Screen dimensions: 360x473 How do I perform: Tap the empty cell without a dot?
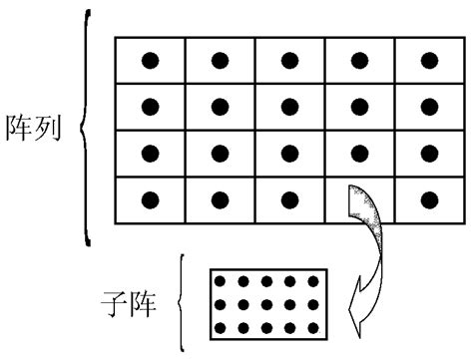click(360, 199)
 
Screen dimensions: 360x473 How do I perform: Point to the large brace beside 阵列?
click(88, 130)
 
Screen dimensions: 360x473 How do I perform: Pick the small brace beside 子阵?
click(181, 299)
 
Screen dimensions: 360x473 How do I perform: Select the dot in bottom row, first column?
click(150, 199)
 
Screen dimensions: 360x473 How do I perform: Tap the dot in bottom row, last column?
click(431, 199)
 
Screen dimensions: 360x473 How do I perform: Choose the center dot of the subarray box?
click(266, 305)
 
